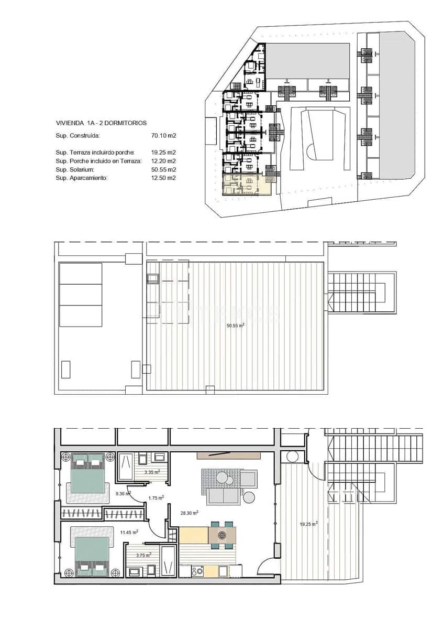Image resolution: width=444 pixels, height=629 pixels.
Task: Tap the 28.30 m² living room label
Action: [x=187, y=514]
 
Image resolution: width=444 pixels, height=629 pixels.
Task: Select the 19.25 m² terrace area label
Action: [x=308, y=523]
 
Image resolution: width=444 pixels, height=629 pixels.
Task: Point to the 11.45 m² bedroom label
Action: [x=129, y=533]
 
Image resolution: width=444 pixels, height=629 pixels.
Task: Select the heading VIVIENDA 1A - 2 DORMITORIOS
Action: [x=101, y=123]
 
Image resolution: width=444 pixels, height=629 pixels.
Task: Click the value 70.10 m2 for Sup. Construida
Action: [x=163, y=136]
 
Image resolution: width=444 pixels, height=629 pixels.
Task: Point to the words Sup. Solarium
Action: [x=75, y=170]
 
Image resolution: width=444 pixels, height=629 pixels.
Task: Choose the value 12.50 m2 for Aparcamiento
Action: [x=163, y=178]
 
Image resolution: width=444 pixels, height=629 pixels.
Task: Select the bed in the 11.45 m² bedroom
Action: [x=92, y=557]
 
